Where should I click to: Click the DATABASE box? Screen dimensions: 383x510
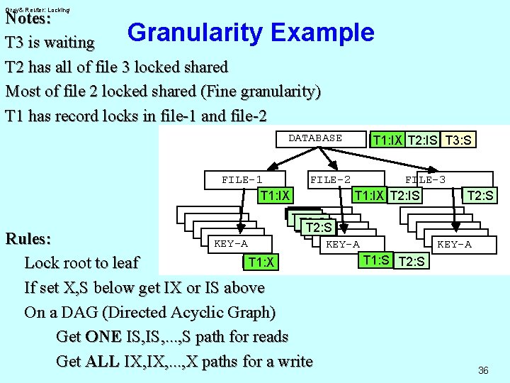(x=315, y=138)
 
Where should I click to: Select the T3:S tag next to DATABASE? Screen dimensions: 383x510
(x=457, y=140)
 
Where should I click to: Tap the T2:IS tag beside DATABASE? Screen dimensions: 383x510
(x=423, y=140)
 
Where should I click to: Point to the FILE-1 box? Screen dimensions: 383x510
(x=242, y=180)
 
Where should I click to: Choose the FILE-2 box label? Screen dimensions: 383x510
(x=330, y=180)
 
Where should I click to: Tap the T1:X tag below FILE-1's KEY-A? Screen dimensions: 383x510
(x=261, y=262)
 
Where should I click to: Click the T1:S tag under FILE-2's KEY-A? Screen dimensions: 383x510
(x=375, y=260)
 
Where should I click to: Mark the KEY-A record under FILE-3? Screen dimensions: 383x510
(x=454, y=244)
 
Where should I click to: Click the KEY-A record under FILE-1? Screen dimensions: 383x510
(x=231, y=244)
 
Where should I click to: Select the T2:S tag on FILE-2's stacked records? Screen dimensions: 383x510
(x=318, y=227)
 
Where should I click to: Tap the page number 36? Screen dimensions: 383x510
(x=483, y=370)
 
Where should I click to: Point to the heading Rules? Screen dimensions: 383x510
(x=27, y=238)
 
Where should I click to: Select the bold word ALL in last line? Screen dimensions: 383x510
(x=101, y=361)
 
